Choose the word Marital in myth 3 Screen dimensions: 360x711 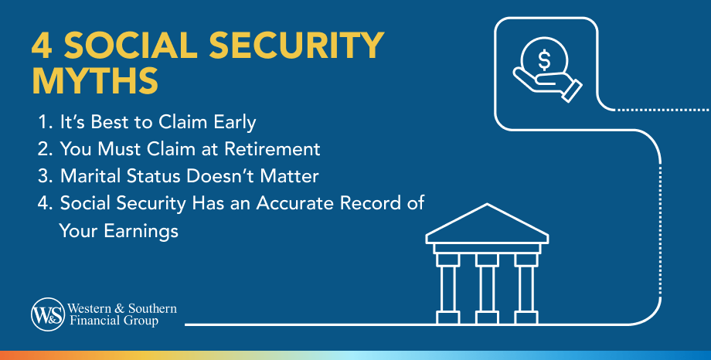[x=87, y=175]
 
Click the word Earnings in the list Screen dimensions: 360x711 [x=146, y=230]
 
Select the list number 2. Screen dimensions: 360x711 [x=44, y=148]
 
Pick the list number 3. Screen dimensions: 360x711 [x=44, y=175]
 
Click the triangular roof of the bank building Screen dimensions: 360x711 [x=487, y=222]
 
